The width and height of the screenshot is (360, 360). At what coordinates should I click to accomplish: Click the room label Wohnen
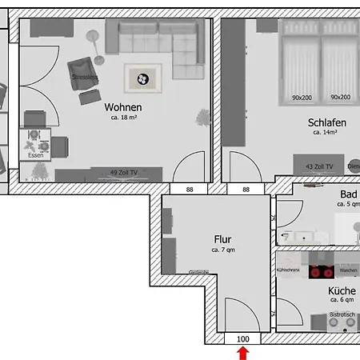(x=123, y=107)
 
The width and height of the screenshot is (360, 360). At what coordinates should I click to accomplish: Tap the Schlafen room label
(x=326, y=122)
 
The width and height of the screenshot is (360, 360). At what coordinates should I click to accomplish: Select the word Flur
(x=222, y=238)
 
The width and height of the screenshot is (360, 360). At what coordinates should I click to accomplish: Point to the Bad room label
(x=348, y=194)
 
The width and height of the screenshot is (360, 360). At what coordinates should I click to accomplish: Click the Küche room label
(x=342, y=293)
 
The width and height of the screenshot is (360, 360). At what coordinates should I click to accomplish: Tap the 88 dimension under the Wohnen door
(x=190, y=190)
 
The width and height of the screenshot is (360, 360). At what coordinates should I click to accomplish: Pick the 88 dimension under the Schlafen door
(x=246, y=190)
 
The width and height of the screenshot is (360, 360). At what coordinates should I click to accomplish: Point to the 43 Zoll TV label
(x=320, y=166)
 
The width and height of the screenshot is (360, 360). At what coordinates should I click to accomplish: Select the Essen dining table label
(x=36, y=154)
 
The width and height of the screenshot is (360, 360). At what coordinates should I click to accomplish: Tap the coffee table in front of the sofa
(x=142, y=78)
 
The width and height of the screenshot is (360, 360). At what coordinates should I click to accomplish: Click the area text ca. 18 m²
(x=123, y=118)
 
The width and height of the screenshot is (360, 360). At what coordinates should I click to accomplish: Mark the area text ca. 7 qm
(x=223, y=250)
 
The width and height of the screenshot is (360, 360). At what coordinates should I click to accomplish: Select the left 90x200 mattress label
(x=302, y=98)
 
